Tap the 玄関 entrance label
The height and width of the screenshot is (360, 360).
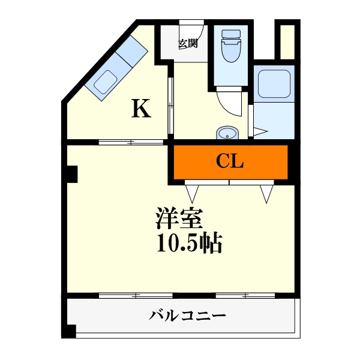[187, 43]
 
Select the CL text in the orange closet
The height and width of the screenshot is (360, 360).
[230, 161]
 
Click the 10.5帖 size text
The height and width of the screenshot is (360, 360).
[190, 244]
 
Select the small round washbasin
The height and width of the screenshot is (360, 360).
[227, 133]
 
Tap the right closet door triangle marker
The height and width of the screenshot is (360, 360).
[267, 193]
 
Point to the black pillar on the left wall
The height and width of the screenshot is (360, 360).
[72, 173]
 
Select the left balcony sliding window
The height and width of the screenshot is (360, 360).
[136, 295]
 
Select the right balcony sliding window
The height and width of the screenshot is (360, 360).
[245, 295]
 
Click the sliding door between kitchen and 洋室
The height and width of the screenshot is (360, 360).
[131, 142]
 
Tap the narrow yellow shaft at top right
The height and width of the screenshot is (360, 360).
[287, 41]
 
